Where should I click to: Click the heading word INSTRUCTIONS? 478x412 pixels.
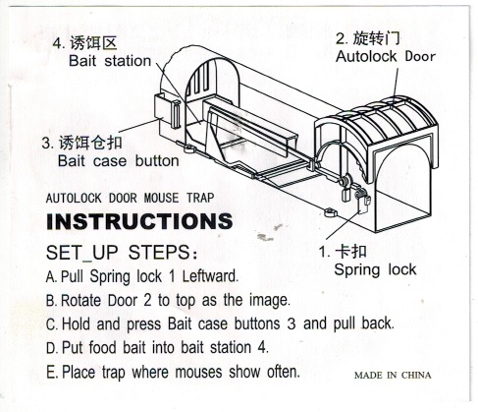pos(139,221)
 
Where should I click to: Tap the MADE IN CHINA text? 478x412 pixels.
pos(393,375)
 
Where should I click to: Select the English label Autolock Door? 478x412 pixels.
pos(386,56)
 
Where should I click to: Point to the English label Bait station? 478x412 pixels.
pos(110,61)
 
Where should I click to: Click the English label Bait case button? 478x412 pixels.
pos(119,161)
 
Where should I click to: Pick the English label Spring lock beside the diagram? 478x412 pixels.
pos(375,269)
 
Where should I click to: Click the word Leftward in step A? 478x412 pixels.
pos(210,276)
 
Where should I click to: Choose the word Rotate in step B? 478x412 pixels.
pos(81,300)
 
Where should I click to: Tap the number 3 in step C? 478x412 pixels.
pos(292,324)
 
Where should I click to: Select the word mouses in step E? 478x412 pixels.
pos(198,372)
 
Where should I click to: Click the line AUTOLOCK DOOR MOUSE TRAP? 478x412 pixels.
pos(130,198)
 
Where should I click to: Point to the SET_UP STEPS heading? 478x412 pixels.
pos(122,253)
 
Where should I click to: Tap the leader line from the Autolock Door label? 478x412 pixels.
pos(396,84)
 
